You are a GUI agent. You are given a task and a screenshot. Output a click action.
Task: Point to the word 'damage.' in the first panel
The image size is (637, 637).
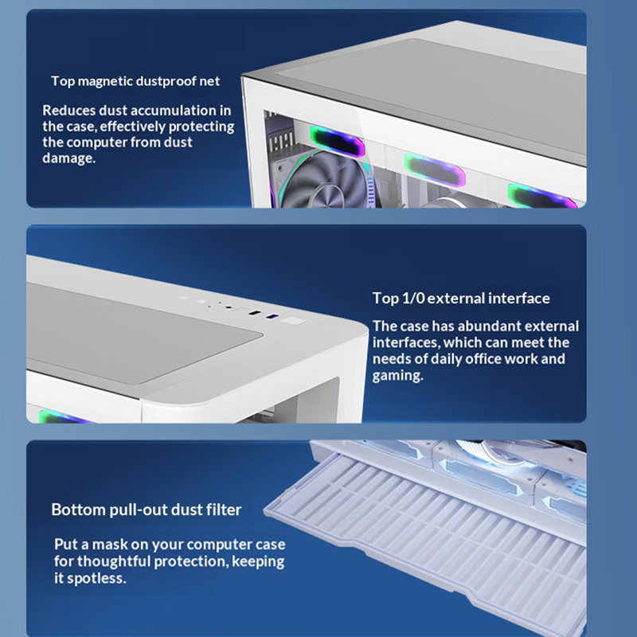click(x=68, y=158)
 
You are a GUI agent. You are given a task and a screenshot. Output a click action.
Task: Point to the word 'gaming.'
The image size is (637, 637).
click(x=397, y=376)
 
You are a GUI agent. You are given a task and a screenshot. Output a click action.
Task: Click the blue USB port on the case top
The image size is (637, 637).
click(x=272, y=316)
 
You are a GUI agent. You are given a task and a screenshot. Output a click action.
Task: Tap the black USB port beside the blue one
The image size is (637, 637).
click(x=255, y=313)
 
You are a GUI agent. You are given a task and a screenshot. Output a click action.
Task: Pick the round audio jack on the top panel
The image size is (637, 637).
click(x=229, y=308)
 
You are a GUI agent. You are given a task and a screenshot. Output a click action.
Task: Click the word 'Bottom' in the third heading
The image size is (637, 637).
click(x=78, y=510)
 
